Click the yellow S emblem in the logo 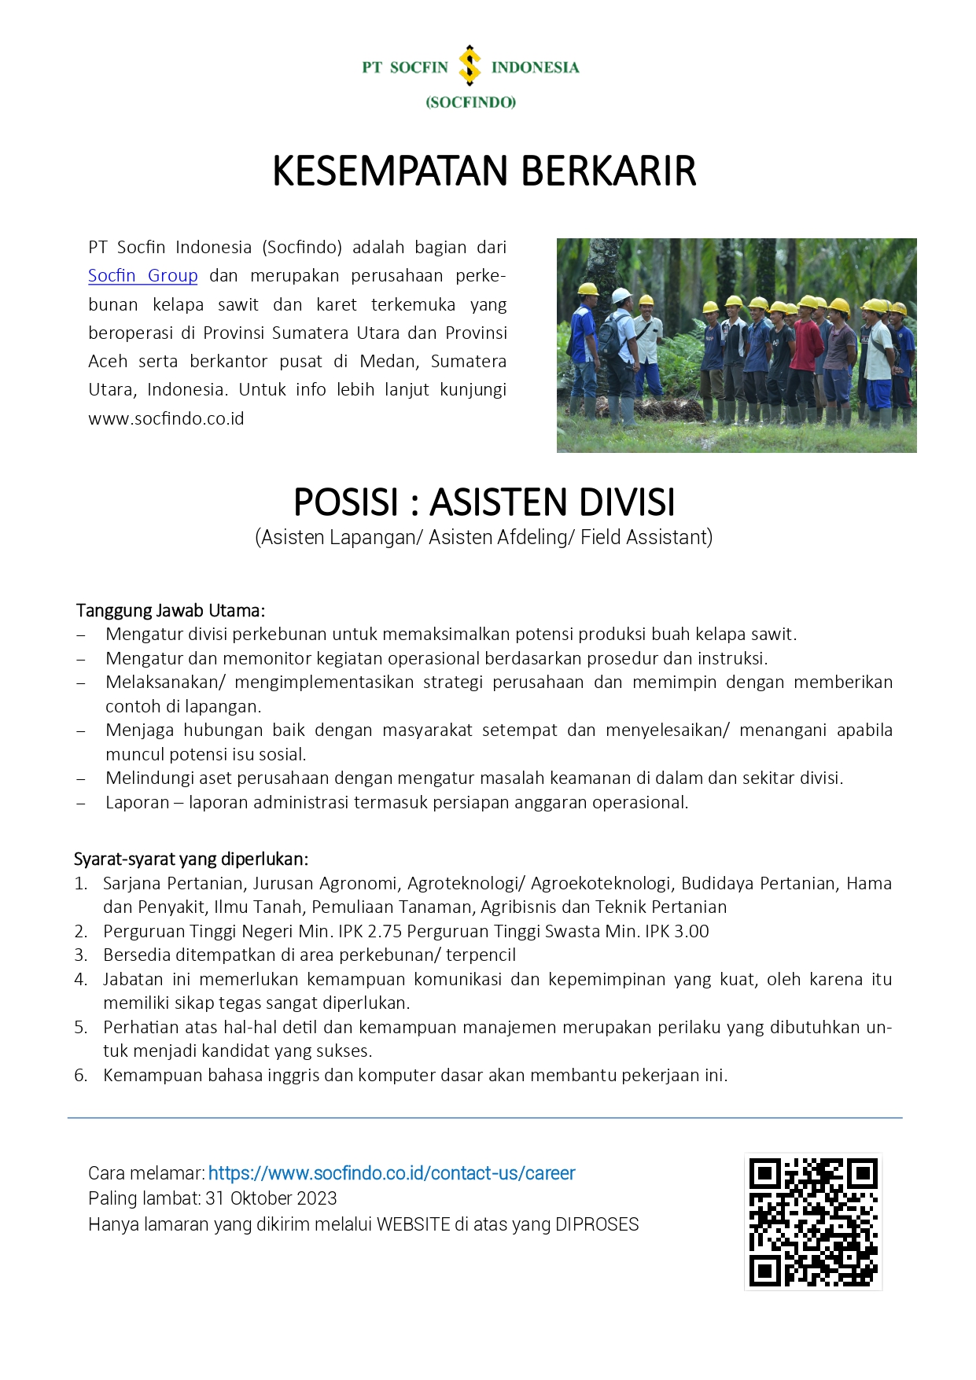pos(470,65)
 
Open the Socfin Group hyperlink pos(142,276)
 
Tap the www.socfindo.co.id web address pos(166,419)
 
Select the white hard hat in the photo pos(621,295)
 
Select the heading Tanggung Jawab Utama pos(170,611)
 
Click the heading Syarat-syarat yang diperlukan pos(191,859)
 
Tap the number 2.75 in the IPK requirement pos(385,932)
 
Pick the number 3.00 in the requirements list pos(691,932)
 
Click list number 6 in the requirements pos(80,1076)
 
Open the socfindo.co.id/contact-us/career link pos(392,1174)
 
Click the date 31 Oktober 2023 pos(271,1199)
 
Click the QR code pos(812,1222)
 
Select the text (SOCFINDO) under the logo pos(470,102)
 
